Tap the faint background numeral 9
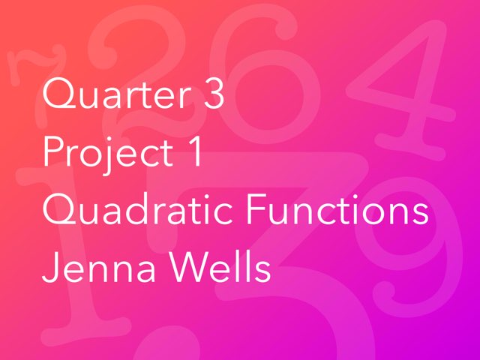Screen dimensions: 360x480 point(409,247)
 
